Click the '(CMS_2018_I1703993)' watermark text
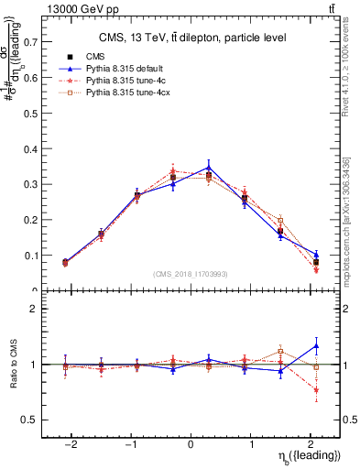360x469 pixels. tap(190, 274)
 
